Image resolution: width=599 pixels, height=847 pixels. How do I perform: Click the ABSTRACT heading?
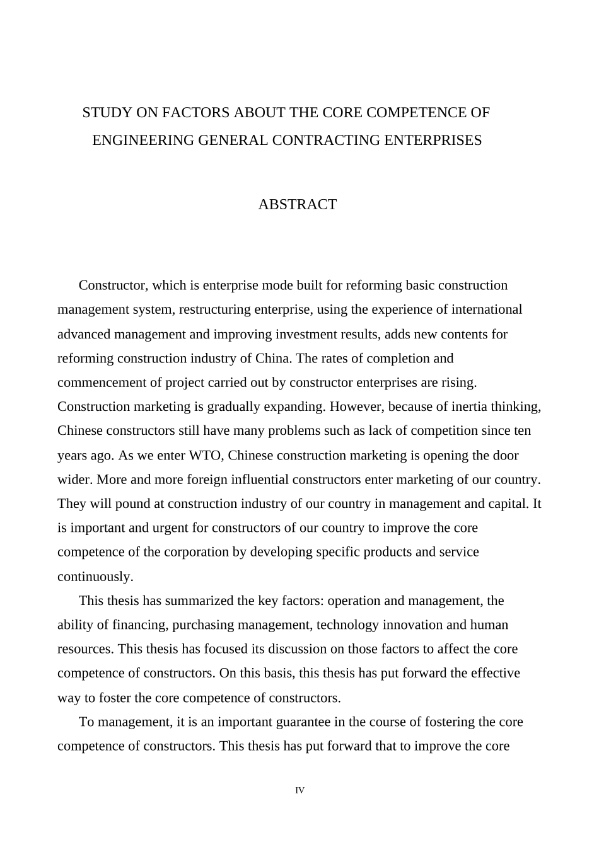pos(297,204)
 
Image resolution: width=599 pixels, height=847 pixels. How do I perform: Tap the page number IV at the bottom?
pos(299,790)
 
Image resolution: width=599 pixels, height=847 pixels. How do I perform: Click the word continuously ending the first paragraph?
pos(95,577)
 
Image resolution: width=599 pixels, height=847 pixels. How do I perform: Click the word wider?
pos(75,479)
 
